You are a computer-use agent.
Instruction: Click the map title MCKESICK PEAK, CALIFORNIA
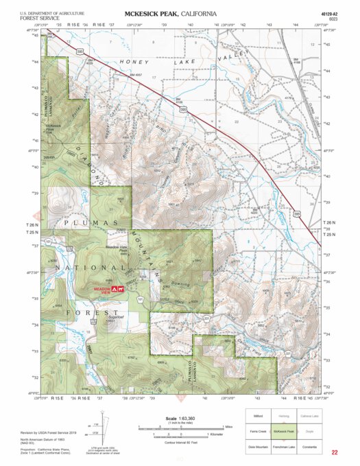(170, 14)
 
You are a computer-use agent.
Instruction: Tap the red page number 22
(334, 452)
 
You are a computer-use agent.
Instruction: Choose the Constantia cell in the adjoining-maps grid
(310, 447)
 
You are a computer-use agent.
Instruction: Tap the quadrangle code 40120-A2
(329, 13)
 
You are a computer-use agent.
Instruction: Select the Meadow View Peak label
(117, 249)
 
